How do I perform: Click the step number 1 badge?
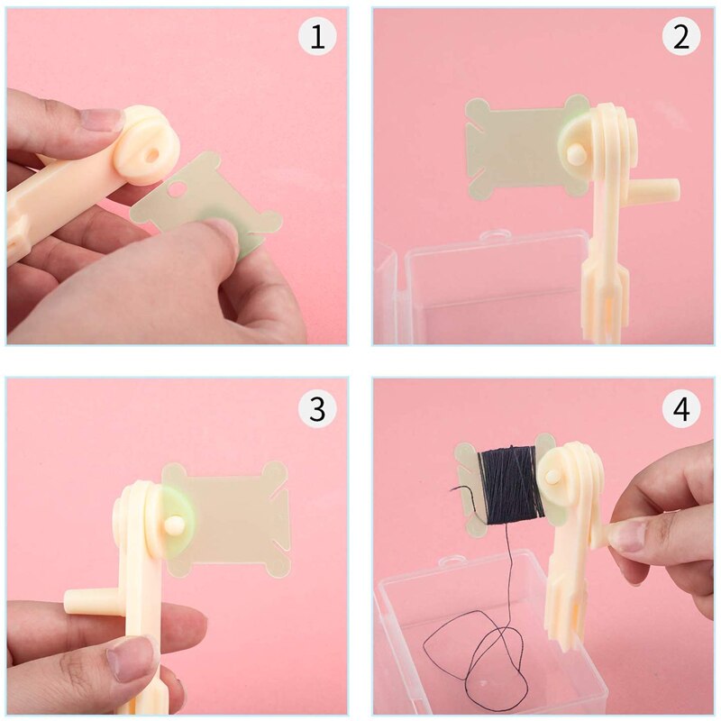click(316, 38)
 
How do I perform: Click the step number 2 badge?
click(681, 38)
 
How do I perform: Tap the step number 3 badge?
click(316, 409)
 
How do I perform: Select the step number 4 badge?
click(681, 409)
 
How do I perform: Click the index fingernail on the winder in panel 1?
click(101, 120)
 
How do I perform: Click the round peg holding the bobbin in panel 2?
click(573, 155)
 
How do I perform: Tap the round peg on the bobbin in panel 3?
click(173, 525)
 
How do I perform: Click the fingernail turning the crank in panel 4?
click(626, 535)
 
